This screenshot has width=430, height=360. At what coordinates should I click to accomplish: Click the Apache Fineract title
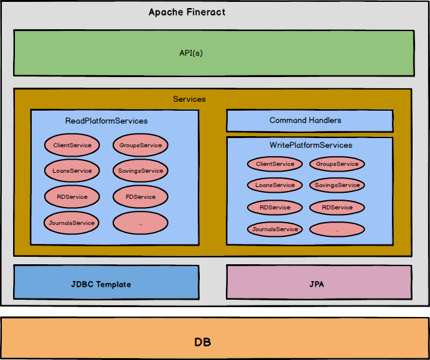tap(187, 12)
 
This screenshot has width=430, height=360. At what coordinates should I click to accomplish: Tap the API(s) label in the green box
tap(191, 53)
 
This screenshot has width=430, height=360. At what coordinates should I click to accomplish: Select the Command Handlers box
tap(310, 121)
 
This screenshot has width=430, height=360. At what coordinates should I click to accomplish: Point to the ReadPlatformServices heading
tap(106, 121)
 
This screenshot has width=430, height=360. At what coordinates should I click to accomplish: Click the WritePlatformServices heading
tap(311, 145)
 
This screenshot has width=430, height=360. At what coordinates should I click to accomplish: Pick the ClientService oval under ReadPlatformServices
tap(72, 145)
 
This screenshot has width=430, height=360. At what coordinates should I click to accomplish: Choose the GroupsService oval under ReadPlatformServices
tap(141, 145)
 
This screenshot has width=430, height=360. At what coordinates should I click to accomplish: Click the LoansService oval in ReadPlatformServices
tap(72, 171)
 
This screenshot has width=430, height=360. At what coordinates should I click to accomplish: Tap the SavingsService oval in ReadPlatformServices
tap(141, 171)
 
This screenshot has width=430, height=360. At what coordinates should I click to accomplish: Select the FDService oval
tap(141, 196)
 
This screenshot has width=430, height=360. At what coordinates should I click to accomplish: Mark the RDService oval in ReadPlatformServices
tap(72, 196)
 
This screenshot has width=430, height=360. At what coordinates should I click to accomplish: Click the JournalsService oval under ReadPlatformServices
tap(72, 223)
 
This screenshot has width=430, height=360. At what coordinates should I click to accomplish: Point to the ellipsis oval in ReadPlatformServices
tap(141, 223)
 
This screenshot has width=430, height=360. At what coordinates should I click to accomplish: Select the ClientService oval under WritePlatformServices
tap(275, 164)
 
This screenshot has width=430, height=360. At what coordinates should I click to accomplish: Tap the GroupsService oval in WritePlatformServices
tap(337, 164)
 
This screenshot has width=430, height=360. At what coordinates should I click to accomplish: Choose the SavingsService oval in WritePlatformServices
tap(337, 185)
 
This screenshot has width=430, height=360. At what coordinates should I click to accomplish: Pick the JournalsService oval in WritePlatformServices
tap(275, 229)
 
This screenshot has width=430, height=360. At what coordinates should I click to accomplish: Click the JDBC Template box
tap(106, 282)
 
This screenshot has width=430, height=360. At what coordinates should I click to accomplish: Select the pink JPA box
tap(319, 282)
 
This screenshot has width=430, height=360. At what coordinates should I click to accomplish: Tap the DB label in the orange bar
tap(203, 342)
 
